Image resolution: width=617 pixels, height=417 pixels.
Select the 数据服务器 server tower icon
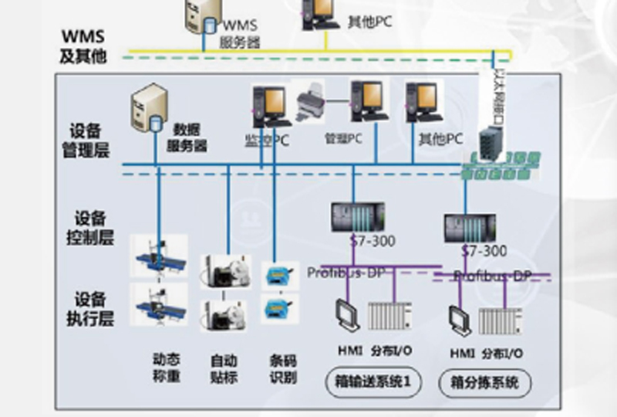147,109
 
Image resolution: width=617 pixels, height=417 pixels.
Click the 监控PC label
266,140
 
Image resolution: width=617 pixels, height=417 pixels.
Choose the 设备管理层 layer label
91,140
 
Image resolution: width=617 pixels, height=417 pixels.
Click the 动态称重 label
167,368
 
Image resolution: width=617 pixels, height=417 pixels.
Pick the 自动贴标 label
224,368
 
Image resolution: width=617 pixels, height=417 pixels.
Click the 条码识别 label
283,368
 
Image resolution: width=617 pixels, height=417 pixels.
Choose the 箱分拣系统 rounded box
484,382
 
